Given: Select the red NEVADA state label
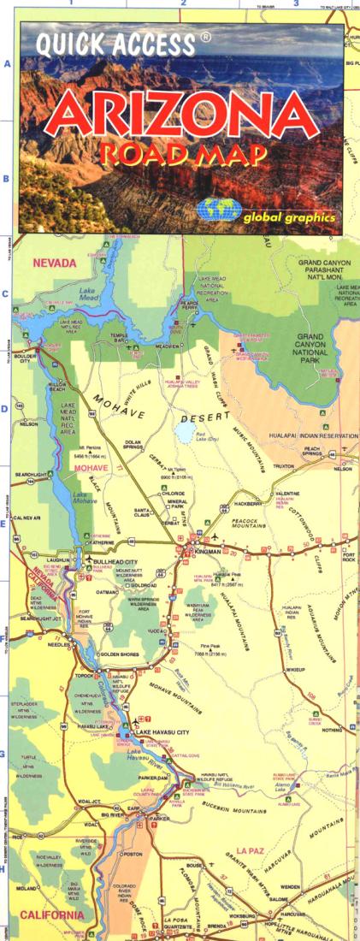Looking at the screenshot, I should coord(54,263).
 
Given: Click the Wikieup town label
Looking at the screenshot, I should coord(296,668).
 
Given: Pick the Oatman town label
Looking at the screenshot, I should coord(108,591).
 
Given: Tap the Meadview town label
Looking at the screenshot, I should coord(169,346).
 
